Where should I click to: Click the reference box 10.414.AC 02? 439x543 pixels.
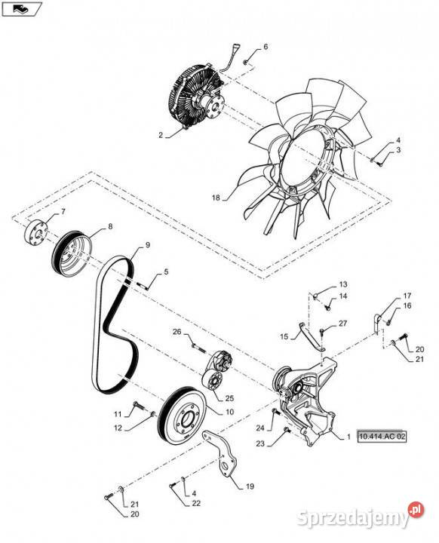point(382,437)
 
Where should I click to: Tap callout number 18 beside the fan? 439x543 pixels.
point(216,198)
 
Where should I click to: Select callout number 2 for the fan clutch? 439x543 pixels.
point(161,135)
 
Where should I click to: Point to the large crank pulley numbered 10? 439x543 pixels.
point(182,415)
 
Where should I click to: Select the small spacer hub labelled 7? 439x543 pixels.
point(35,234)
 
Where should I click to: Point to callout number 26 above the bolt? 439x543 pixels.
point(177,332)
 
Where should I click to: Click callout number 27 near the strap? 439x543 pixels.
point(342,324)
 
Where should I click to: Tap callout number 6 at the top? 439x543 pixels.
point(266,47)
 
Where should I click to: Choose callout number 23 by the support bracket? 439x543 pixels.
point(260,443)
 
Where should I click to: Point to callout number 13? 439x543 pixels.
point(343,284)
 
